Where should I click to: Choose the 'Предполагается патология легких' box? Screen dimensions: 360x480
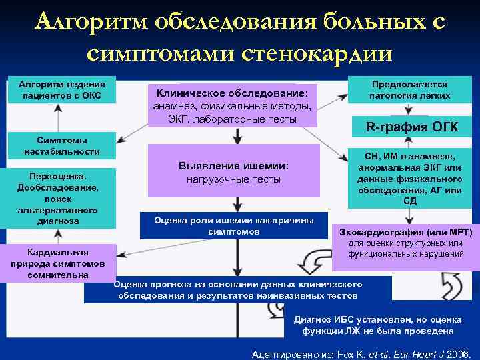[x=410, y=90]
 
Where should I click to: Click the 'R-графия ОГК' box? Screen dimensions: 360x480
[x=410, y=127]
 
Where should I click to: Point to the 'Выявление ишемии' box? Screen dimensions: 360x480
[x=233, y=171]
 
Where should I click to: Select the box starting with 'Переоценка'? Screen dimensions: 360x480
[x=57, y=199]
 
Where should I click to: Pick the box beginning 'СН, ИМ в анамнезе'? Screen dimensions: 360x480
[x=410, y=178]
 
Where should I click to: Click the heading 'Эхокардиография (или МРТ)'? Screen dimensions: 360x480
[x=406, y=233]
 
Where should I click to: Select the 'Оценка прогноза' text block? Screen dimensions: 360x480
[x=238, y=289]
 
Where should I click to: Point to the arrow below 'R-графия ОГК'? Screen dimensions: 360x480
[x=408, y=141]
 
